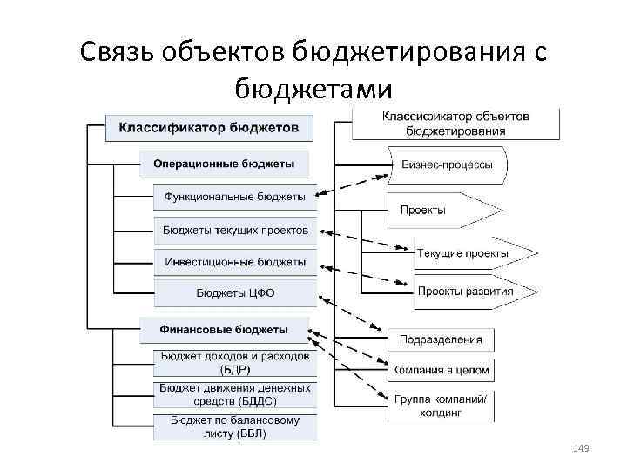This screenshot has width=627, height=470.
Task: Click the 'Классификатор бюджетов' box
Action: [207, 128]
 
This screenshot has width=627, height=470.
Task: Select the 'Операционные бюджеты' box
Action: [223, 163]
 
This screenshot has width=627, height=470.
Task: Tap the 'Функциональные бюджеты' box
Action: [234, 197]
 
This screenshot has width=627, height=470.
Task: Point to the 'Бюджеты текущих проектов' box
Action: [234, 231]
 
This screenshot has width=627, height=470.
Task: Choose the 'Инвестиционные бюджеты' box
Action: [234, 261]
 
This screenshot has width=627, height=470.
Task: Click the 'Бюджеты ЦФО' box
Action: [234, 293]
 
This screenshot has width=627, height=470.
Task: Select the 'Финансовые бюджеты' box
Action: [224, 330]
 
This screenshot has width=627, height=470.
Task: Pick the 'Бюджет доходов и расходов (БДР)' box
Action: [234, 362]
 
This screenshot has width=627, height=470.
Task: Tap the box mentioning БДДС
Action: [234, 394]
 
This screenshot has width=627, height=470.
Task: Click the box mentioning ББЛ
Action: [234, 426]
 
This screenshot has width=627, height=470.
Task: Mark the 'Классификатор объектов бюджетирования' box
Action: [456, 124]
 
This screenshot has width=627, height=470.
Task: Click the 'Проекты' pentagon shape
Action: [440, 210]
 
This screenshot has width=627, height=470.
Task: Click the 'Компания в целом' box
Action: [441, 370]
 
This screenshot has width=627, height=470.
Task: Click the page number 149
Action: [583, 447]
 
